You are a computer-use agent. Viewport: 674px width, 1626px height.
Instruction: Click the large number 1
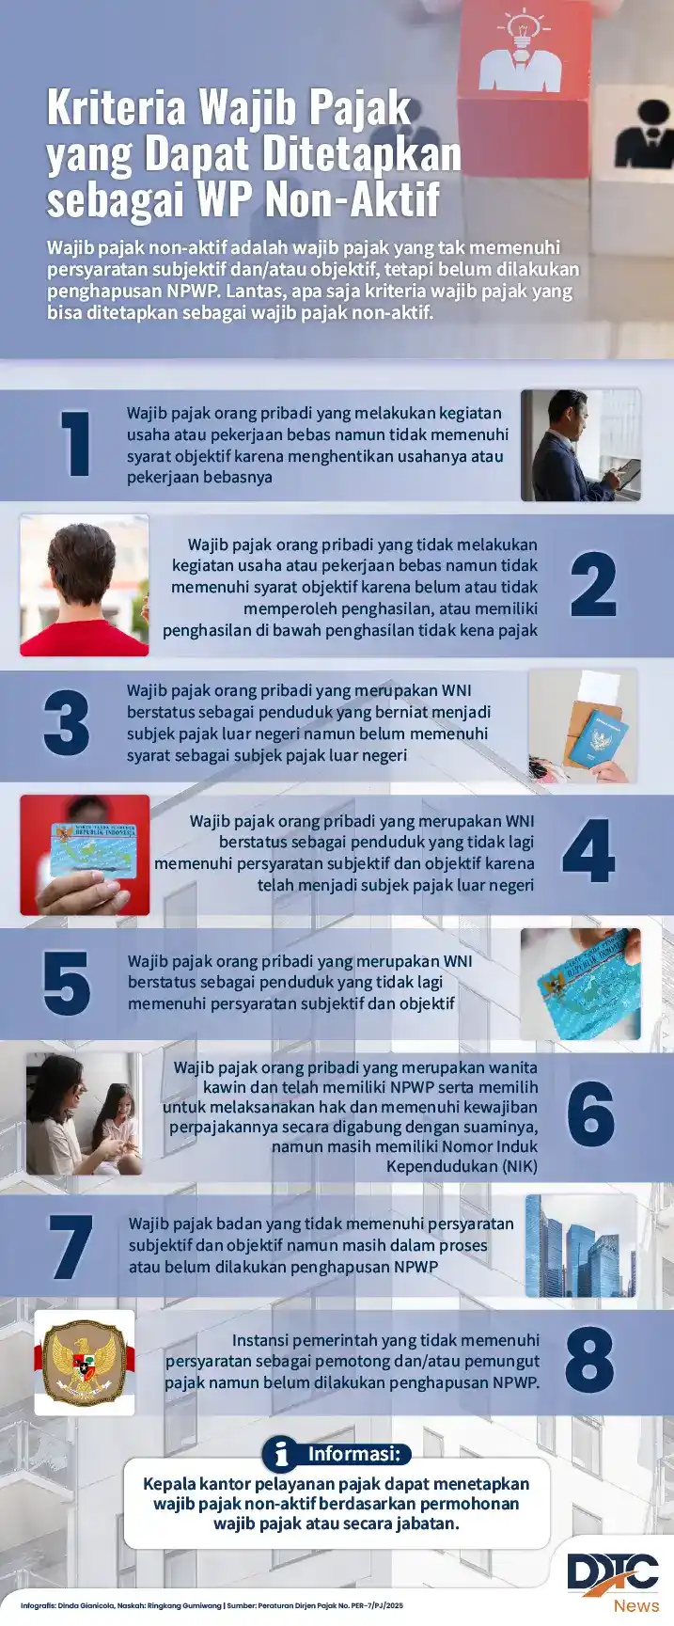(x=76, y=444)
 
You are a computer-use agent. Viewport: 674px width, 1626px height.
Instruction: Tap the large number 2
(x=593, y=584)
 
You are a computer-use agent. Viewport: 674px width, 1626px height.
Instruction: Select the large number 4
(x=588, y=851)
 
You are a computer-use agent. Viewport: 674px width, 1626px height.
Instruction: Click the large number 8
(x=589, y=1360)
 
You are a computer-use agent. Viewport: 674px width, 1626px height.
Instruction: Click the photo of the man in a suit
(x=581, y=445)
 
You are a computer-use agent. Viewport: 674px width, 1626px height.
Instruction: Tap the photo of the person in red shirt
(x=85, y=585)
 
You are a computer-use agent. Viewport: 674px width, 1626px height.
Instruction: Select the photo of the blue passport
(x=583, y=726)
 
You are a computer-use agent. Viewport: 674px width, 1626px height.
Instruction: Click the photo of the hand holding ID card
(x=85, y=855)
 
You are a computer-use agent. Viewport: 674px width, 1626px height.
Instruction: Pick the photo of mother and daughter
(x=84, y=1114)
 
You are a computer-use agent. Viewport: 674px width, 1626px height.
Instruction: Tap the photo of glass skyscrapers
(x=580, y=1246)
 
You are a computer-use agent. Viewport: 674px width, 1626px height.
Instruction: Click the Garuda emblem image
(x=85, y=1362)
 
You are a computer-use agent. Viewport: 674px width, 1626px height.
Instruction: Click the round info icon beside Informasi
(x=279, y=1454)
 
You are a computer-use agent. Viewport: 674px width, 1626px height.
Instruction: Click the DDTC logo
(x=612, y=1572)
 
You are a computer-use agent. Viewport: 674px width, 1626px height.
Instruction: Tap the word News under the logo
(x=636, y=1605)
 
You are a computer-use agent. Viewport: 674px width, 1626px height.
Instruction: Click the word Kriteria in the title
(x=116, y=108)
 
